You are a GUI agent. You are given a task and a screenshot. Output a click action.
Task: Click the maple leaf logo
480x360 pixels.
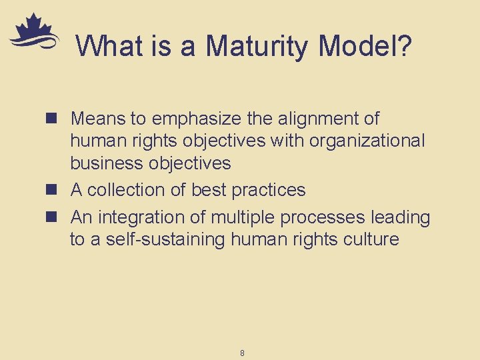33,32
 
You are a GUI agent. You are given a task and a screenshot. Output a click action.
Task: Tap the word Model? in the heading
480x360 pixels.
366,46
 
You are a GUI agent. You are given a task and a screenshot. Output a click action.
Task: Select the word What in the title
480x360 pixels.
107,46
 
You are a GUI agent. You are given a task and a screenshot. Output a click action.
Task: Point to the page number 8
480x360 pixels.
242,353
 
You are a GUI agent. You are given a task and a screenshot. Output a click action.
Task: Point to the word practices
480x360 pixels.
268,190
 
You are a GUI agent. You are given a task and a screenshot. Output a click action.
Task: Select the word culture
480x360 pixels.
371,239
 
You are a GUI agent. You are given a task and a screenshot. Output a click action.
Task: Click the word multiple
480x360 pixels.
243,217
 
